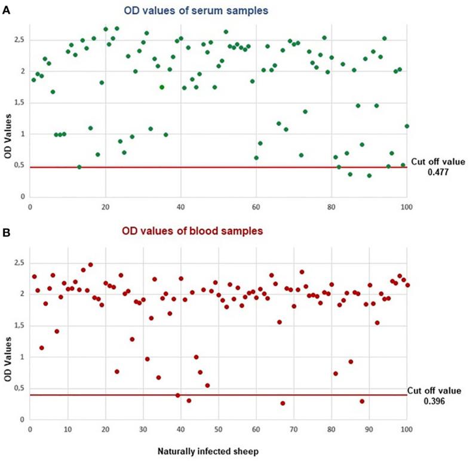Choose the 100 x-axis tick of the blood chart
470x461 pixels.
[x=407, y=429]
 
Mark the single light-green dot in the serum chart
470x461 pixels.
[x=162, y=87]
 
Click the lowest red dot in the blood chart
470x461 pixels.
[x=282, y=403]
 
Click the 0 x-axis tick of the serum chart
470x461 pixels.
[x=30, y=208]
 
